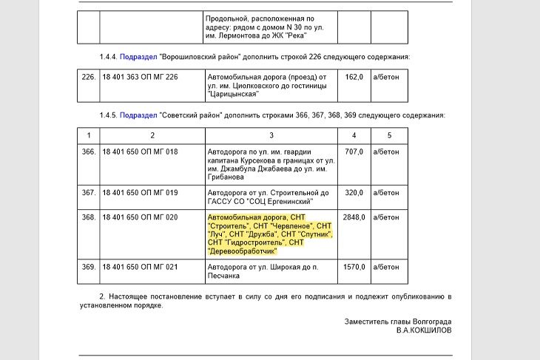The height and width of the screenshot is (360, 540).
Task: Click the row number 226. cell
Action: [x=89, y=76]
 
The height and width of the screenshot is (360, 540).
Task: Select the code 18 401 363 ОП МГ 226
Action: [x=140, y=76]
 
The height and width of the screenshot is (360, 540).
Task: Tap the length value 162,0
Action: [x=354, y=76]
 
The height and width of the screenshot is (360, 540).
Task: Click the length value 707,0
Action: [x=354, y=152]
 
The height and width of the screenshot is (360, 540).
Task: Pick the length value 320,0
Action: [x=354, y=192]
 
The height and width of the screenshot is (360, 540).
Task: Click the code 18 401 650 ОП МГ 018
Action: [x=140, y=152]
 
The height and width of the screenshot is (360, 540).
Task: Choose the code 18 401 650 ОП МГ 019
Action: [x=140, y=192]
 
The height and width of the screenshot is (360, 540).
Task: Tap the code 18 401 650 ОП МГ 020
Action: [x=140, y=217]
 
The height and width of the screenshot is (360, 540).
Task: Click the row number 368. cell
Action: [x=89, y=217]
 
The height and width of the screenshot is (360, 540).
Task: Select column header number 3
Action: [x=271, y=135]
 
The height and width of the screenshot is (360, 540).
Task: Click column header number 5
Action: [x=389, y=135]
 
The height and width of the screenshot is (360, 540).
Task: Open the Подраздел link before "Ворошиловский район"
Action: [x=138, y=56]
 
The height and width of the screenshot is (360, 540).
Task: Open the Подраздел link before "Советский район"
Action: [x=138, y=116]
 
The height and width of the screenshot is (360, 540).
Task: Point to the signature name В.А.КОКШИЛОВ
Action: [x=423, y=330]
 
